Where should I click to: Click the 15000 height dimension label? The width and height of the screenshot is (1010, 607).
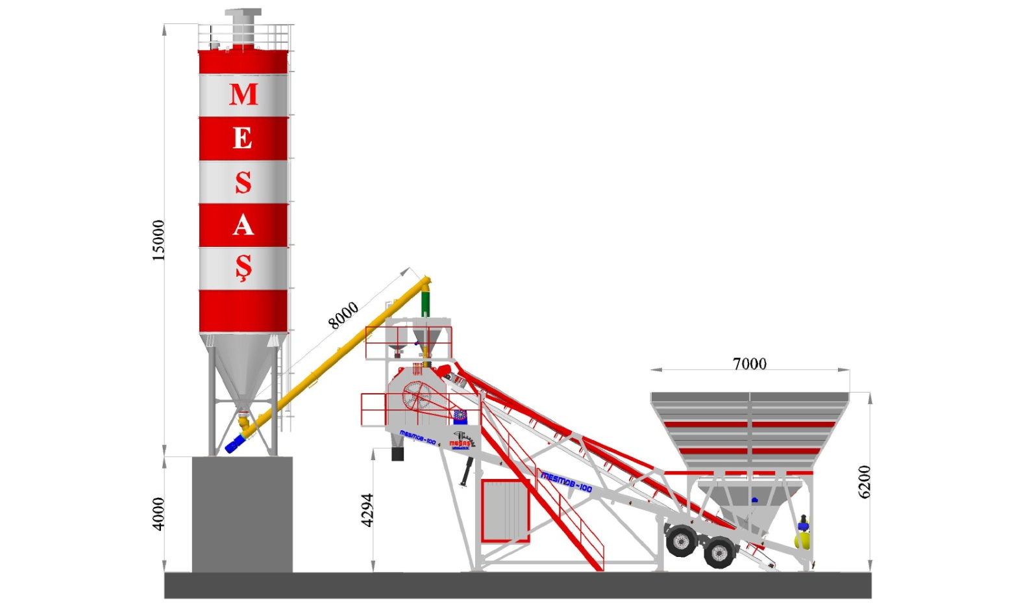click(159, 240)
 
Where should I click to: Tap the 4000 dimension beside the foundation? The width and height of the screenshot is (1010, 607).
click(159, 513)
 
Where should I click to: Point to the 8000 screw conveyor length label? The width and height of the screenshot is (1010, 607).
click(343, 315)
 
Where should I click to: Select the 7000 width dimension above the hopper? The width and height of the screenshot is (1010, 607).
click(749, 364)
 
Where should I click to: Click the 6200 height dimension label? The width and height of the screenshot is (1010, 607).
click(864, 482)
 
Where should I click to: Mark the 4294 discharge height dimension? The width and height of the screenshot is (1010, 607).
click(367, 510)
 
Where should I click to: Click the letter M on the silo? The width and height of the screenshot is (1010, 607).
click(243, 95)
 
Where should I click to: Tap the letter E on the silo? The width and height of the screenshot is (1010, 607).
click(243, 138)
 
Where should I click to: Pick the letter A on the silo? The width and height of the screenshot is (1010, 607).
click(243, 226)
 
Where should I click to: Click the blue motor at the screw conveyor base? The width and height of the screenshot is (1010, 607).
click(234, 443)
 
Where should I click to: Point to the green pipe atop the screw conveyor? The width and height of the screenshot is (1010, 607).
click(426, 303)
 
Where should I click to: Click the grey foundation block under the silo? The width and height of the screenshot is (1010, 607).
click(242, 514)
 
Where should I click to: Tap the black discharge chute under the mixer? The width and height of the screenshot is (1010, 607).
click(397, 453)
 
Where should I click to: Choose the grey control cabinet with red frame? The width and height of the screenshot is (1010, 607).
click(504, 511)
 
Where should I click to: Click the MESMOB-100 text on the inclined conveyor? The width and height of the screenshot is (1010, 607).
click(567, 483)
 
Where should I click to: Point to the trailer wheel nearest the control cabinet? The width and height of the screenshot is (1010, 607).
click(682, 541)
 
